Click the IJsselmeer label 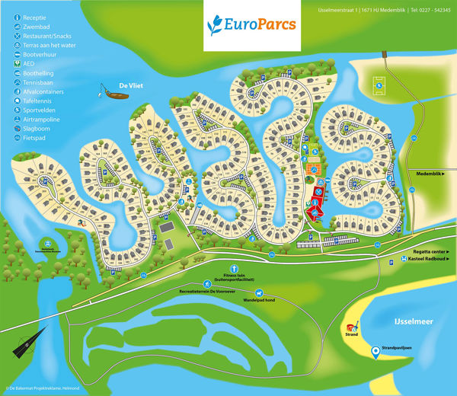[414, 322]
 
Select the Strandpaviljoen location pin [376, 352]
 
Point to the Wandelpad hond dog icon [259, 293]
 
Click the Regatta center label [430, 251]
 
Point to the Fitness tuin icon [236, 268]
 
